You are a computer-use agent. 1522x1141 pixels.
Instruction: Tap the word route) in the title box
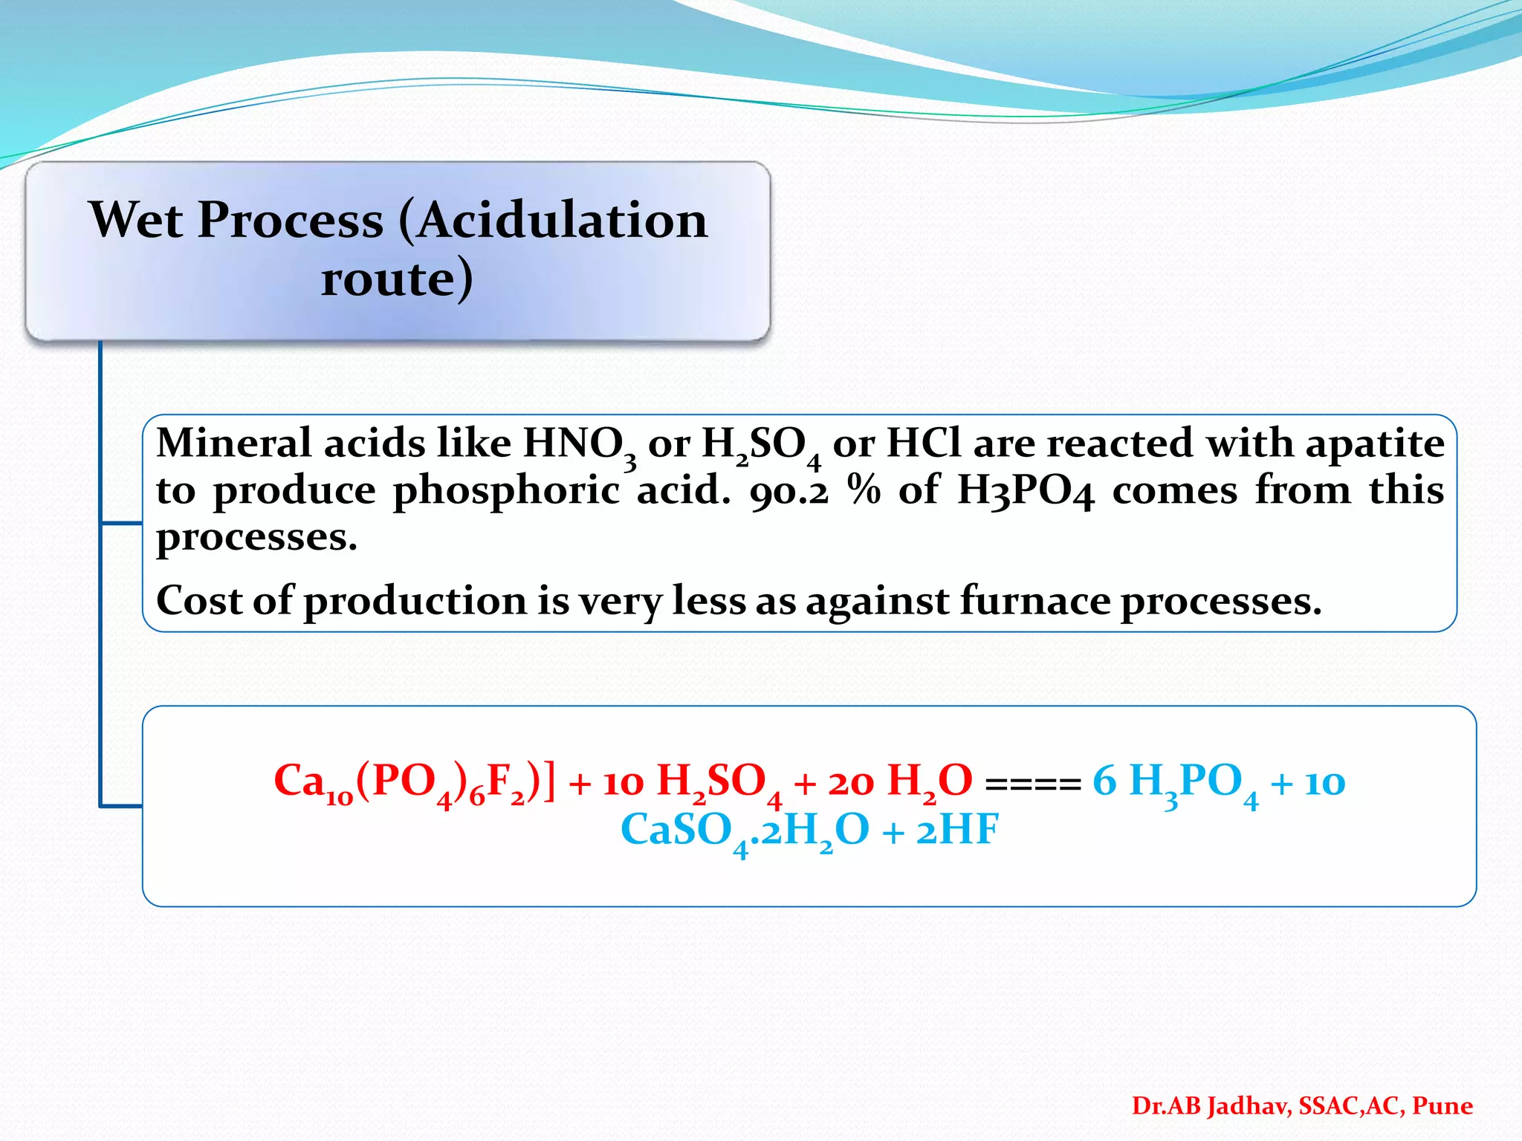point(397,279)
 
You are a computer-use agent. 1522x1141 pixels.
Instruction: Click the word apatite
point(1375,445)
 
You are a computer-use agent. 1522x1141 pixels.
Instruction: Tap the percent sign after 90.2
point(864,491)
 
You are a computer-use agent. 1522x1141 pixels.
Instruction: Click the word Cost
point(198,600)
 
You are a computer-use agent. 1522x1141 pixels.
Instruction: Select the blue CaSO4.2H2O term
point(745,831)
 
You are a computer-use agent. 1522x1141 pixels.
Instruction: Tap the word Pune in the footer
point(1442,1106)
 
